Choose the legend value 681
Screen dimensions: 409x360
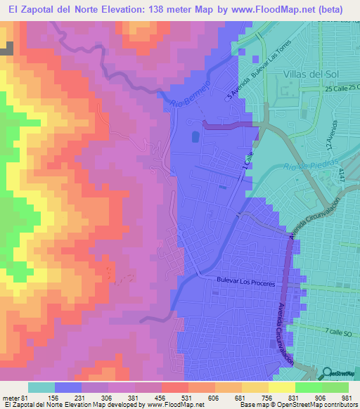coord(241,397)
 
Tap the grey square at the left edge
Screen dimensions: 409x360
coord(7,48)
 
